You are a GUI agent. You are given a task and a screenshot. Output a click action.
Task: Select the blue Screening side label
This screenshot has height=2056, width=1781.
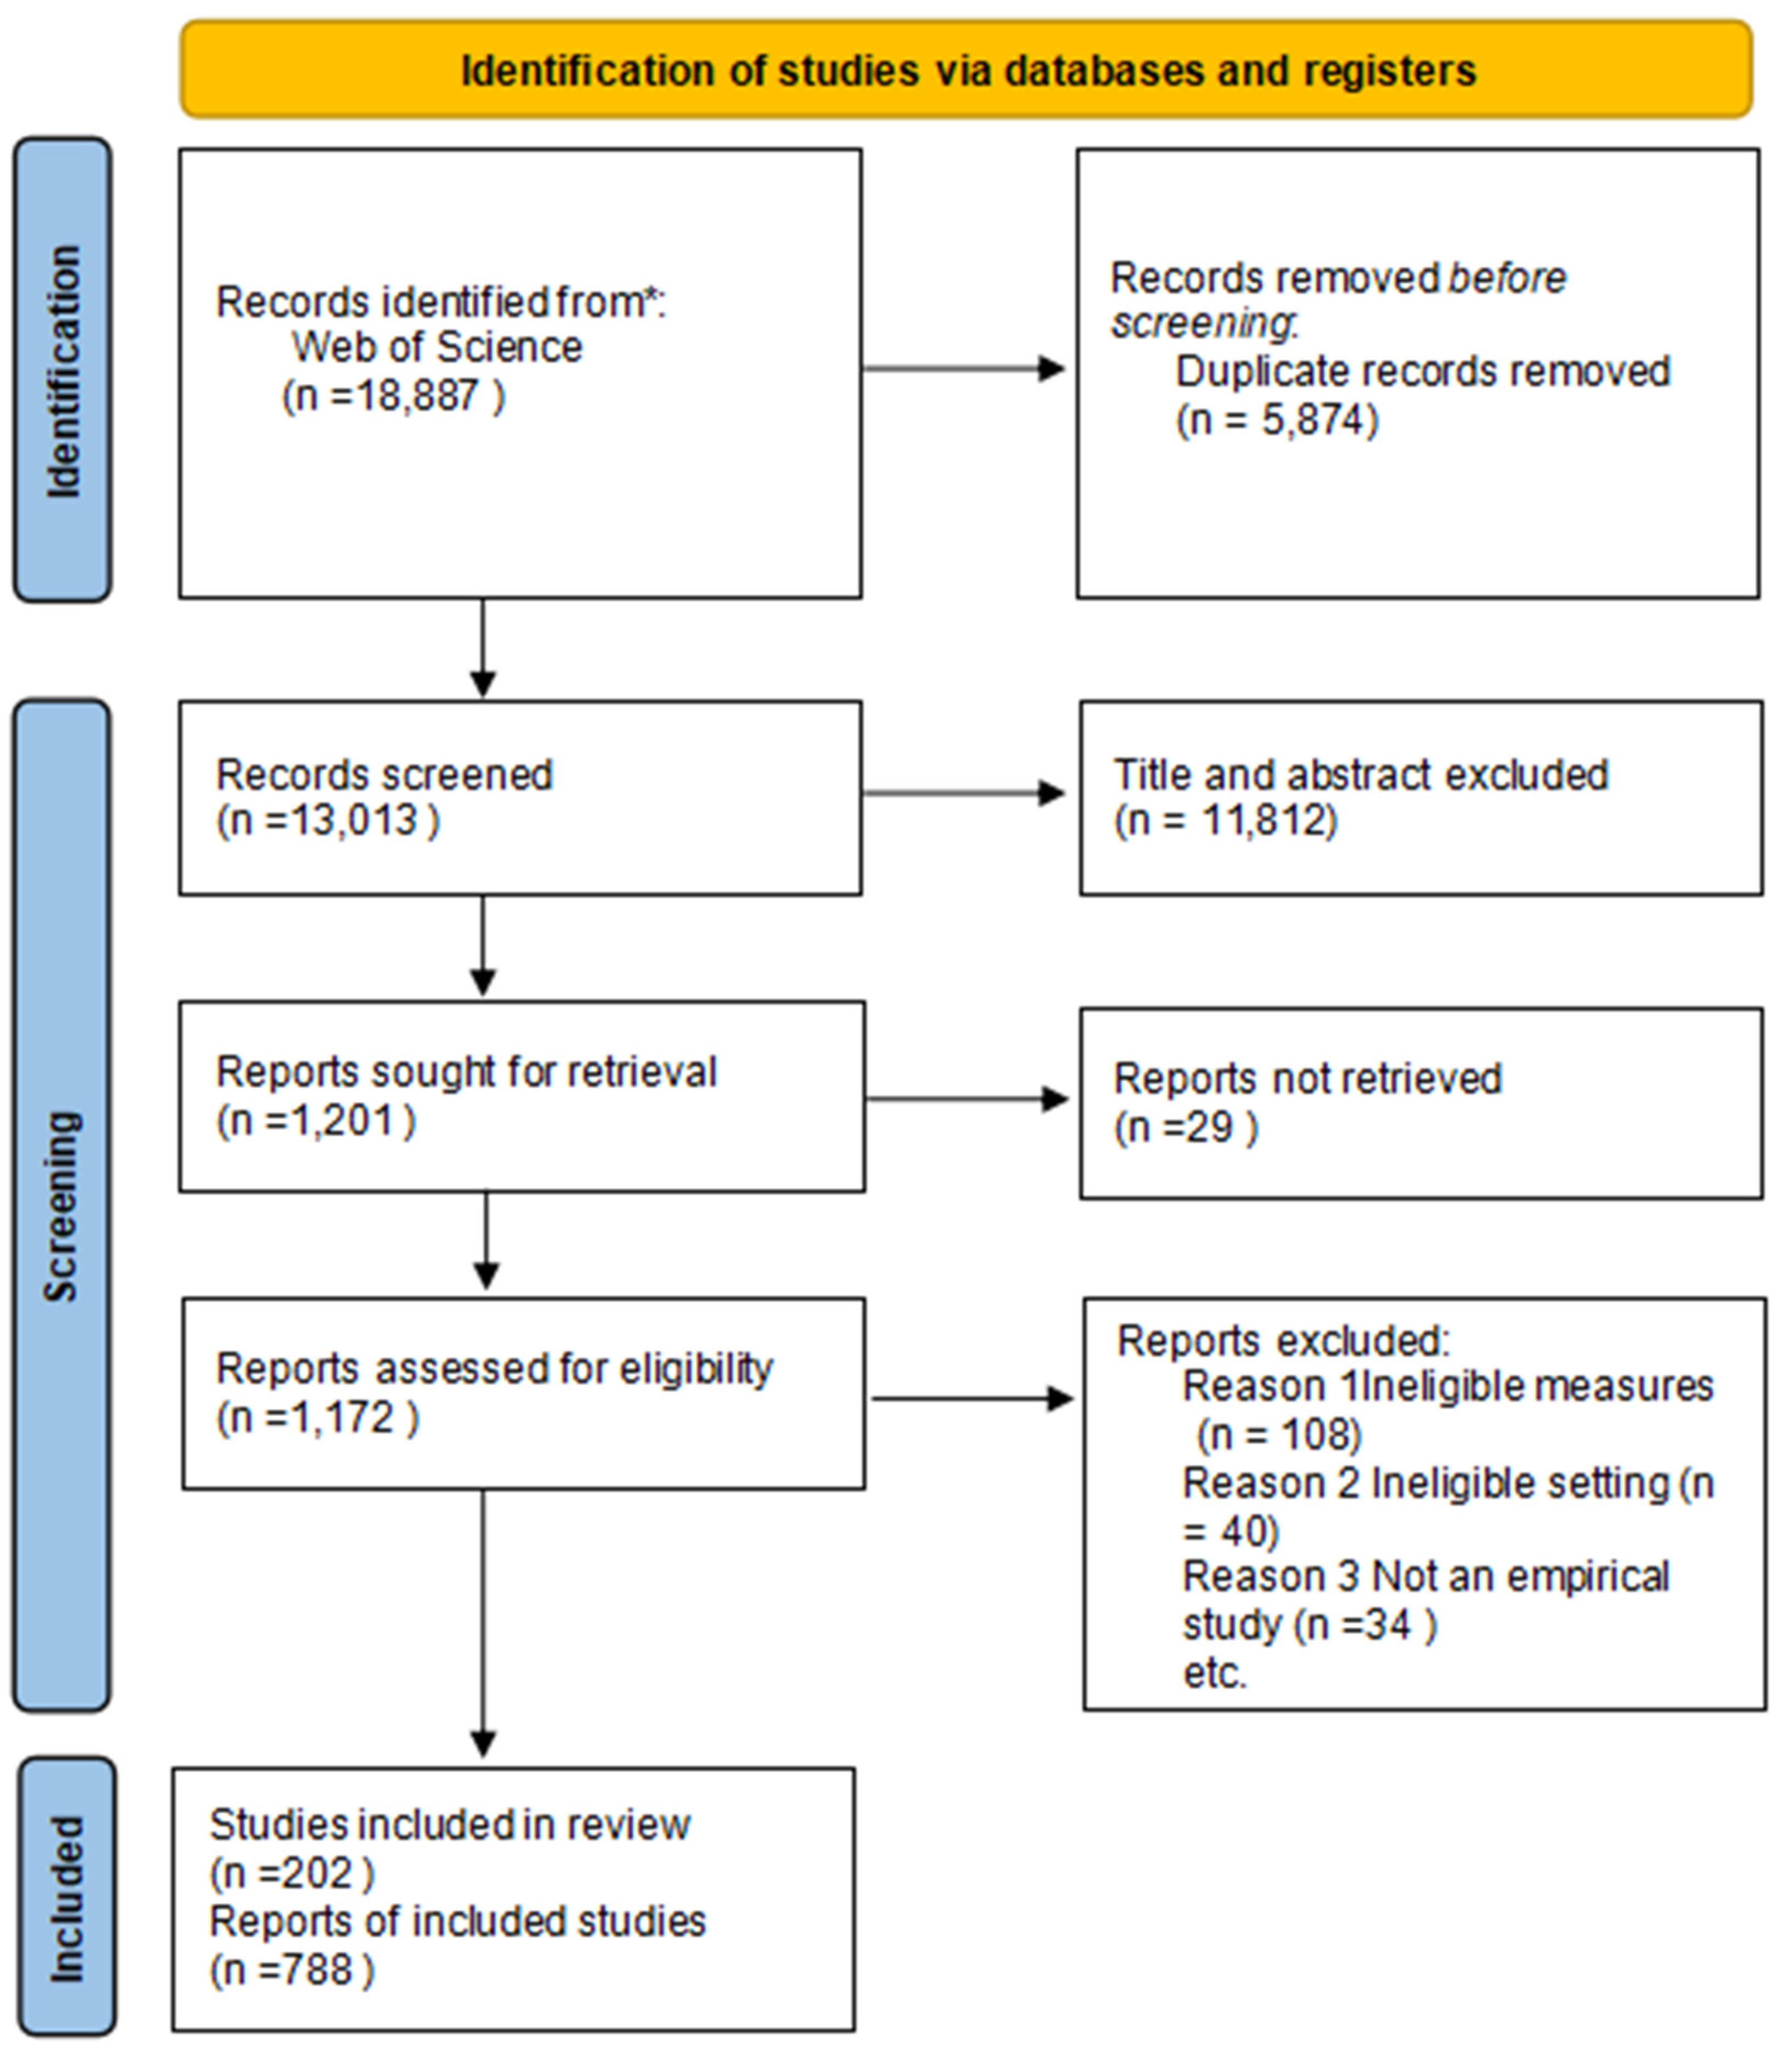pyautogui.click(x=62, y=1206)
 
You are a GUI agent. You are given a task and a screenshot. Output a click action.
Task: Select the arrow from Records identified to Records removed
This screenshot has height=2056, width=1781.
pyautogui.click(x=964, y=369)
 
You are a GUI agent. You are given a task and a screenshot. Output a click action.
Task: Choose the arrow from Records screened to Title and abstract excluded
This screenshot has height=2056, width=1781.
pyautogui.click(x=964, y=792)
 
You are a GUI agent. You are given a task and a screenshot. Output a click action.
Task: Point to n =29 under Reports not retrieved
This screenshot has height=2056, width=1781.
pyautogui.click(x=1185, y=1126)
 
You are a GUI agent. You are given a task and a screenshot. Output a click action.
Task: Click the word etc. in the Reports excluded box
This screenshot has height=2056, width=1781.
pyautogui.click(x=1214, y=1673)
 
